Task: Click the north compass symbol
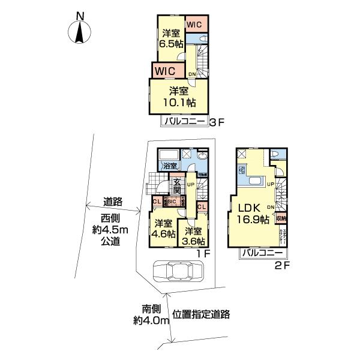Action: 79,30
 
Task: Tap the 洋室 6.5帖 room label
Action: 170,39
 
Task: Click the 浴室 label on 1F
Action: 169,166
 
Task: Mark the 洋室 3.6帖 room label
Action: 194,236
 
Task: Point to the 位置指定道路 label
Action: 202,313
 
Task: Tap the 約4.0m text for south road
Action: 152,320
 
